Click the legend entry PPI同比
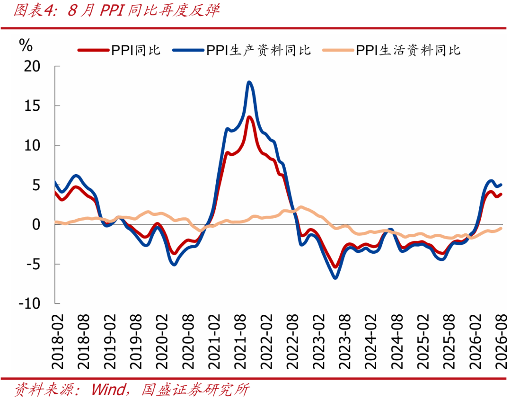[119, 50]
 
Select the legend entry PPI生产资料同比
[241, 50]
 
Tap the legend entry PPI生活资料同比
[391, 50]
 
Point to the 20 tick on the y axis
[32, 66]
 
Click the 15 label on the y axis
[32, 106]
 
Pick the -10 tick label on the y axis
[29, 303]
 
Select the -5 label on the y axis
[33, 264]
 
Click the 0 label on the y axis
[36, 224]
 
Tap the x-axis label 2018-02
[58, 342]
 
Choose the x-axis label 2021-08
[240, 342]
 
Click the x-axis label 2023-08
[345, 342]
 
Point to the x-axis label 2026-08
[501, 342]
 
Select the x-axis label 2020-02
[162, 342]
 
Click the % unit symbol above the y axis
[26, 45]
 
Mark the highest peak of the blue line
[250, 82]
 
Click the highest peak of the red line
[249, 117]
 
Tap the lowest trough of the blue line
[335, 278]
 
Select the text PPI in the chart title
[112, 11]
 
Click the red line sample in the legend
[93, 50]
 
